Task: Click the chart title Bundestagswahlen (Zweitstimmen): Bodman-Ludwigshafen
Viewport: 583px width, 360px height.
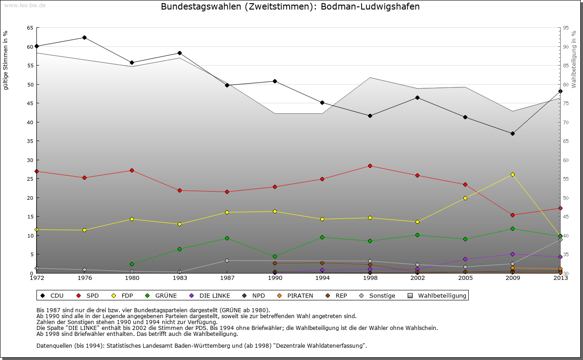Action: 290,7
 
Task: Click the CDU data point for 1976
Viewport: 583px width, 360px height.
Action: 84,37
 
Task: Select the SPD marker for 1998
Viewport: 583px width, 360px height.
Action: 370,166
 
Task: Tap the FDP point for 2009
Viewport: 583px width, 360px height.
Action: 512,174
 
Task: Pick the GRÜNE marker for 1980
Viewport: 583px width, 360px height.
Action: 132,264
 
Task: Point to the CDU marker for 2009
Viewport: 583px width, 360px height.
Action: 512,133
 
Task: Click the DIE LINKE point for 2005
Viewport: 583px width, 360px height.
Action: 465,259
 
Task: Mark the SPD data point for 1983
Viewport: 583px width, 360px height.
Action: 179,190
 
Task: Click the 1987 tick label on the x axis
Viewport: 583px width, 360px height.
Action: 227,278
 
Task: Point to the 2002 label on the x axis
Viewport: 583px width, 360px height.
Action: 417,278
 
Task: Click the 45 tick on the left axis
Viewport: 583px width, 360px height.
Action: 30,103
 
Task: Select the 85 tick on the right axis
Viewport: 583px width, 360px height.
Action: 566,66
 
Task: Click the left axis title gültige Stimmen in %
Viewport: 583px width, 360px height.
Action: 5,60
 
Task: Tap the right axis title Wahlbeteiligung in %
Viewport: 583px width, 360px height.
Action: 574,59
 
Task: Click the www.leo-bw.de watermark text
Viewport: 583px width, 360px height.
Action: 25,5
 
